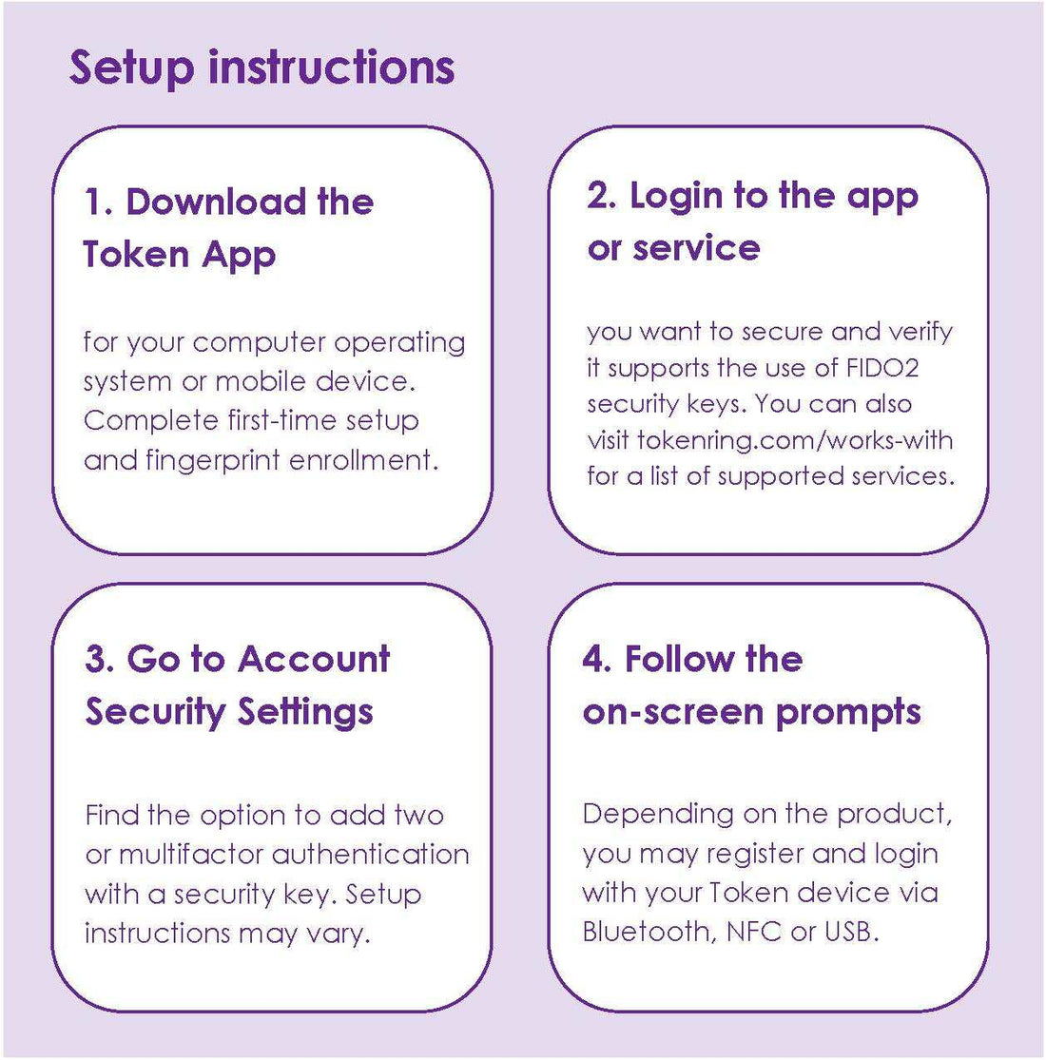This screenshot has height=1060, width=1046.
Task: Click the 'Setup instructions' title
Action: click(x=261, y=68)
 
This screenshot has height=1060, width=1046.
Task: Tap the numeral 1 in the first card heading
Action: click(x=93, y=202)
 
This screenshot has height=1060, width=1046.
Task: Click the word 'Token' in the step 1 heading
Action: click(x=136, y=254)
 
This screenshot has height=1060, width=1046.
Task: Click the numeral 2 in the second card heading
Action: click(x=598, y=196)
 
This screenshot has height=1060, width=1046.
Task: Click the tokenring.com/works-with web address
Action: click(x=795, y=440)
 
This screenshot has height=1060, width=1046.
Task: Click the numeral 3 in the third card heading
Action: click(x=95, y=659)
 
